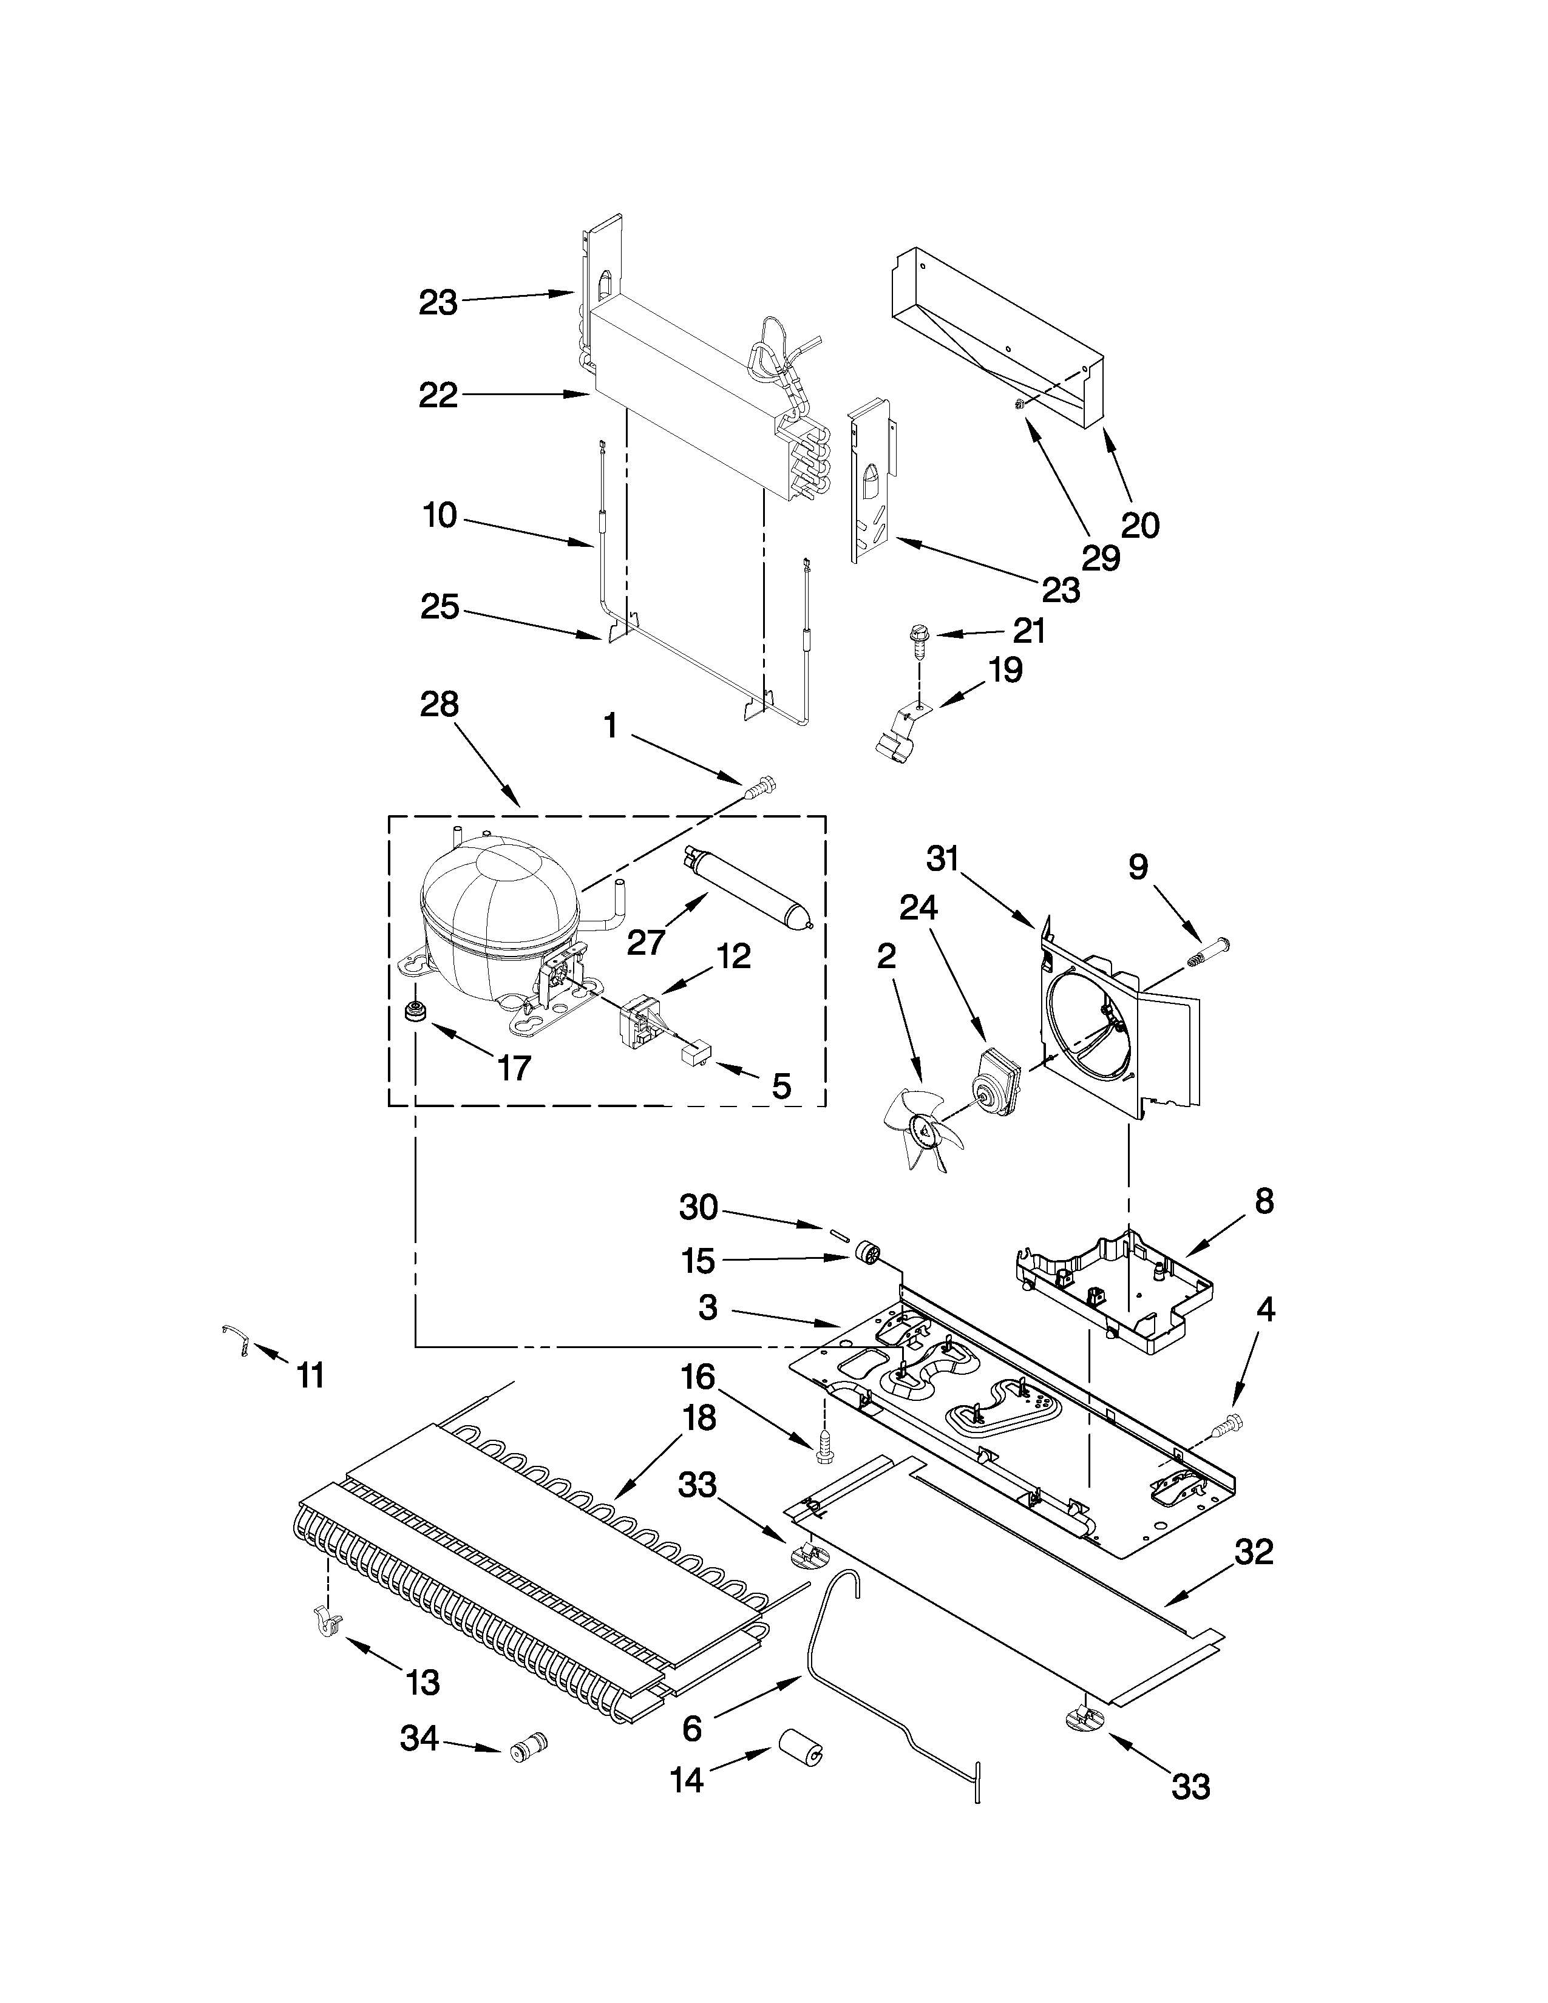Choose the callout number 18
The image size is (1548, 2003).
pyautogui.click(x=699, y=1419)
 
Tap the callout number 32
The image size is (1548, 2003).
pyautogui.click(x=1254, y=1553)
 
